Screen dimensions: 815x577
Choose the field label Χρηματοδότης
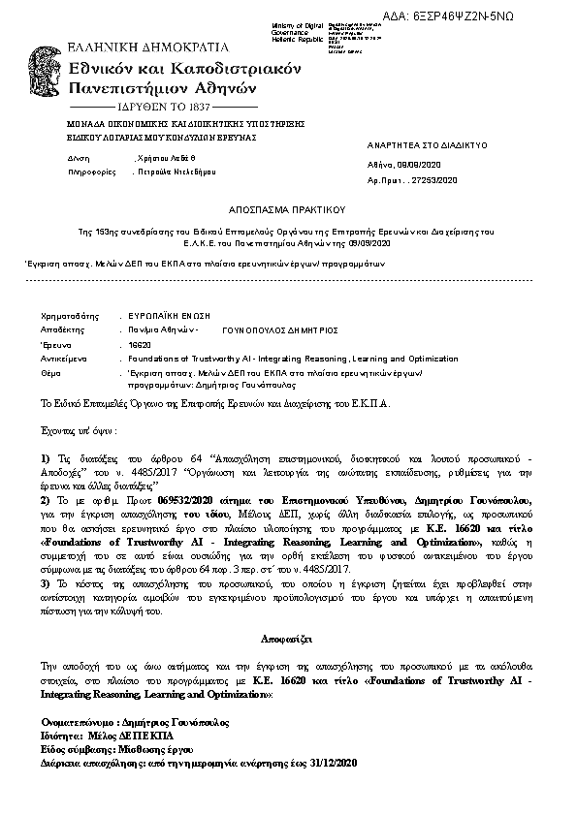(x=71, y=316)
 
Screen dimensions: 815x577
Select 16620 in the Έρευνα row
(x=140, y=344)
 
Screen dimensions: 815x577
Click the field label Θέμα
(x=50, y=372)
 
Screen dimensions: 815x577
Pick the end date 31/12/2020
(x=335, y=764)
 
